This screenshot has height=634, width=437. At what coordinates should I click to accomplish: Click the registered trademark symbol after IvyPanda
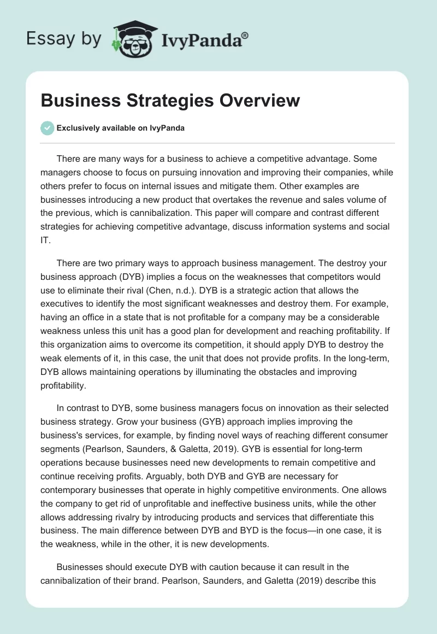(245, 36)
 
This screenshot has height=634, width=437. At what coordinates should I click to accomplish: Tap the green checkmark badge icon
(47, 128)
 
